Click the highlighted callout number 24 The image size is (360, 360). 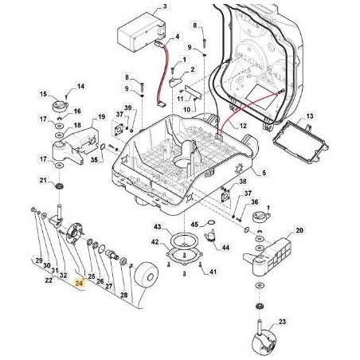[79, 283]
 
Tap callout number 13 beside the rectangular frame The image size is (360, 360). [310, 116]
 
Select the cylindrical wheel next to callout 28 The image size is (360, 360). [147, 275]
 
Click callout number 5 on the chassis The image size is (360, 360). [264, 173]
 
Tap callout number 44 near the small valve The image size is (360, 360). [225, 248]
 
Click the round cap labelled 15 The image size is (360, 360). [60, 106]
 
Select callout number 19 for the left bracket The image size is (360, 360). [101, 117]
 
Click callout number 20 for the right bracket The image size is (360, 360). [299, 230]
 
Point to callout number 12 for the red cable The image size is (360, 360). [243, 126]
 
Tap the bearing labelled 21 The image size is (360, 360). [58, 186]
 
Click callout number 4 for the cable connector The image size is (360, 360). [177, 37]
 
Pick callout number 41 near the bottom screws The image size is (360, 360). [213, 272]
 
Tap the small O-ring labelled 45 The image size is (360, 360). [211, 222]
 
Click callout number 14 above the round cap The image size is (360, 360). [81, 87]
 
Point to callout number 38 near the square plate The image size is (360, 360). [243, 182]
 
